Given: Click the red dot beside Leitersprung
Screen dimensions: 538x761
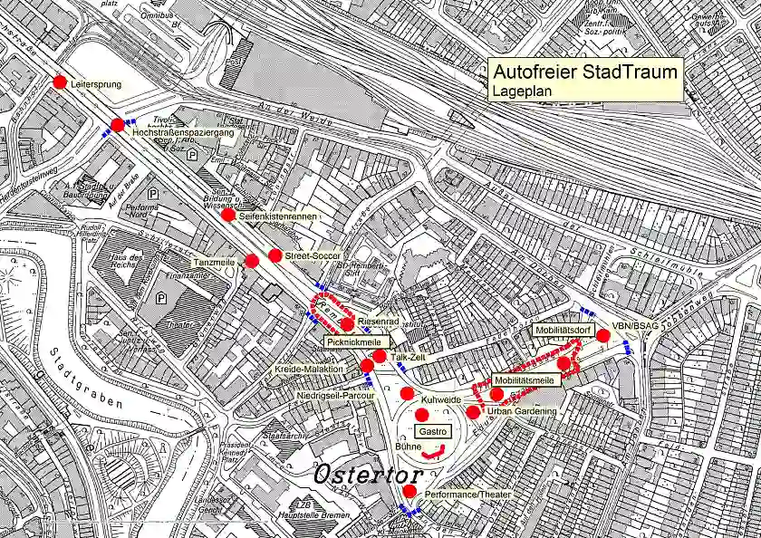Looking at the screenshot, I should [60, 82].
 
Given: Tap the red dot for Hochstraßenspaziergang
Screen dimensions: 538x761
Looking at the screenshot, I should [117, 125].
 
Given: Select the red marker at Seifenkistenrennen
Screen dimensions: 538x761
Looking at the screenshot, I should [227, 215].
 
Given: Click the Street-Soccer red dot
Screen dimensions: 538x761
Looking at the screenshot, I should [275, 255].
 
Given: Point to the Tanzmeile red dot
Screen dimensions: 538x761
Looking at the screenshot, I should [252, 261].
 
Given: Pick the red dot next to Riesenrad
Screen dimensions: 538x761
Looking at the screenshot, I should [347, 323].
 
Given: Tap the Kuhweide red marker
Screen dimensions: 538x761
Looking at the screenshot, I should [407, 393].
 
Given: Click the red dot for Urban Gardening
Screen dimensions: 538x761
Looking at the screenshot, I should [473, 412].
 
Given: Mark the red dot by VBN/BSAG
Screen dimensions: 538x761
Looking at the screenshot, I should [602, 335].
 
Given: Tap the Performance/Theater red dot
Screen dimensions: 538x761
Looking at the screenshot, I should [409, 491].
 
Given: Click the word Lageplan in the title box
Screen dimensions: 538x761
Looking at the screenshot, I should [519, 91].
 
